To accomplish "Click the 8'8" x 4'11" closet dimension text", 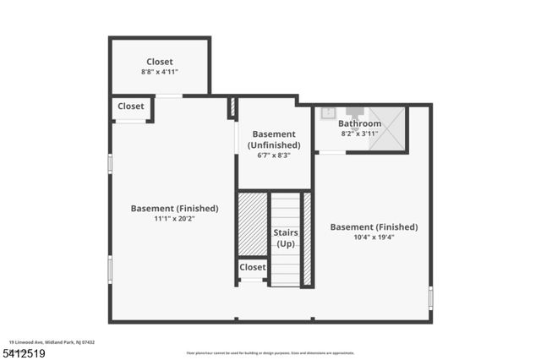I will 160,73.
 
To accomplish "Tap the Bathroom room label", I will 360,123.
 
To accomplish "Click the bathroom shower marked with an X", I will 385,128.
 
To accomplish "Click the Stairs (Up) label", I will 286,237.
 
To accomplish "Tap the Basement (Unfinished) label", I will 274,139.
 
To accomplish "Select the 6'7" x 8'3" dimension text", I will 274,155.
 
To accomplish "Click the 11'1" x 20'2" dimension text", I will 174,219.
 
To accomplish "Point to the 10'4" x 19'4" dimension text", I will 374,237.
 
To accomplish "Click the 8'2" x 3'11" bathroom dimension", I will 360,134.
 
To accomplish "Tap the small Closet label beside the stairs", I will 252,267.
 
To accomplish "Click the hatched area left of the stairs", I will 252,224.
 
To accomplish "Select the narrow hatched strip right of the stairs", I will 307,238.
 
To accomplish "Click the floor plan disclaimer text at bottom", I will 271,353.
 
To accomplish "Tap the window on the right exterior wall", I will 430,297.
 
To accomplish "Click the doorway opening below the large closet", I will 168,95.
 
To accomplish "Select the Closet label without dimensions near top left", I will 130,106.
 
